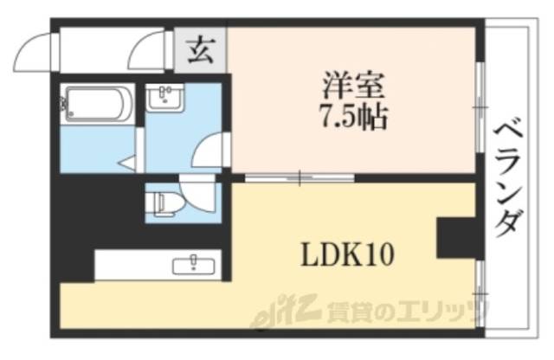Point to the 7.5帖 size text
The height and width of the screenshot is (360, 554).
tap(351, 117)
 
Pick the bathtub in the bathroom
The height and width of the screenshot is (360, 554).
tap(98, 106)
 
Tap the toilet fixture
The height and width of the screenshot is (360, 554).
tap(164, 203)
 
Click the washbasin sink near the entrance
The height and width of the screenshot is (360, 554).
tap(164, 100)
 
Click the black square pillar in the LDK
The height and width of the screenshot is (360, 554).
tap(454, 237)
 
